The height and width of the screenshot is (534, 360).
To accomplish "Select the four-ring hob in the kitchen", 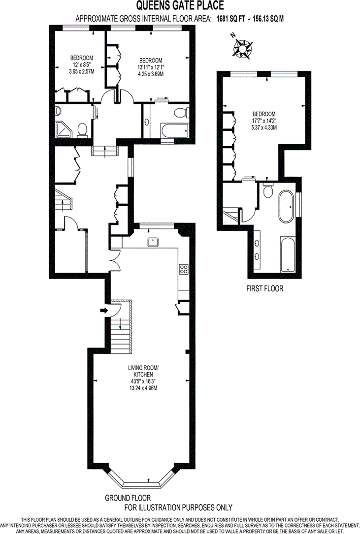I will click(184, 269).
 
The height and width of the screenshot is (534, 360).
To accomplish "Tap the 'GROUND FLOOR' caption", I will click(128, 498).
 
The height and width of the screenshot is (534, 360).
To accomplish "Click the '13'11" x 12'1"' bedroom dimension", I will click(151, 67).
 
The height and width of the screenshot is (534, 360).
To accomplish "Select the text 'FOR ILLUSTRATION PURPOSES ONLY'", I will click(178, 507).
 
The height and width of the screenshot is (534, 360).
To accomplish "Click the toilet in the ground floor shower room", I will click(82, 130).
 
